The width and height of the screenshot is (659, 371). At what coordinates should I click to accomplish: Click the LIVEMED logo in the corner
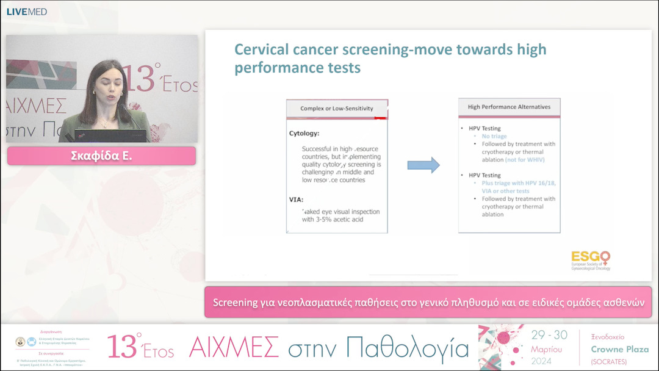click(x=26, y=12)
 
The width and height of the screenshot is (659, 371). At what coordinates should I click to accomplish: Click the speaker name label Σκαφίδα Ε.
click(x=101, y=156)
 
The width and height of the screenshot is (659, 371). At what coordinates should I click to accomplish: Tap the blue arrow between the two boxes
click(x=423, y=165)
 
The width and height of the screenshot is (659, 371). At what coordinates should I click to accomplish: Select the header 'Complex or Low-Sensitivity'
click(x=337, y=109)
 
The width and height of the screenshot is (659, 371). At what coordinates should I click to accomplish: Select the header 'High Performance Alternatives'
click(x=509, y=107)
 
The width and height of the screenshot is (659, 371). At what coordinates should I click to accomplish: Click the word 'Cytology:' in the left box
click(x=304, y=133)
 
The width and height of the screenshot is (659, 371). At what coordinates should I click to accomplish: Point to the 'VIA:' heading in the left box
click(x=297, y=199)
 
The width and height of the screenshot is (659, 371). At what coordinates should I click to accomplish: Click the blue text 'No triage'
click(x=494, y=137)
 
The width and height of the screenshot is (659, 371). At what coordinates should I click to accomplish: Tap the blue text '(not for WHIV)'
click(x=525, y=160)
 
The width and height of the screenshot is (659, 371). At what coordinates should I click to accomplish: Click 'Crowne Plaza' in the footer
click(x=620, y=350)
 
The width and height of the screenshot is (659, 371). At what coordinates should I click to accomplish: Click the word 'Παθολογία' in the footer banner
click(x=407, y=347)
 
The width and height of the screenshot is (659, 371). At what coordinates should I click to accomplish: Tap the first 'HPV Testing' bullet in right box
click(x=482, y=129)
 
